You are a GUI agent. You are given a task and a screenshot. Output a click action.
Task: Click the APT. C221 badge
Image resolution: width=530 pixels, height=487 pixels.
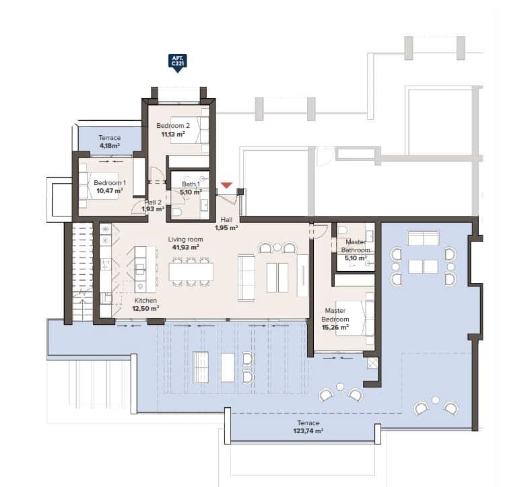(177, 63)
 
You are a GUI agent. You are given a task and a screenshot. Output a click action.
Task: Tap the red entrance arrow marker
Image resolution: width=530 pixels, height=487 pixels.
(227, 186)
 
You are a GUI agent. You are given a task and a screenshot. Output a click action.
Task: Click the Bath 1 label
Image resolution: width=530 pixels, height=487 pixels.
(191, 184)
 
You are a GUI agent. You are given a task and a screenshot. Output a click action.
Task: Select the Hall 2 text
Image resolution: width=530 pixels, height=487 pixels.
(153, 202)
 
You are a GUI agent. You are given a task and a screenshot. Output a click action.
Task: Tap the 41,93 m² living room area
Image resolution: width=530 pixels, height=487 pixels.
(185, 248)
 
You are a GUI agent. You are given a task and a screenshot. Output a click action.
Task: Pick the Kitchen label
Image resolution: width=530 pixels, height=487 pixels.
(145, 301)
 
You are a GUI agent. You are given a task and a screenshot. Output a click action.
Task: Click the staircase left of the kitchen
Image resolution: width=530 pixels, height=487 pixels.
(81, 272)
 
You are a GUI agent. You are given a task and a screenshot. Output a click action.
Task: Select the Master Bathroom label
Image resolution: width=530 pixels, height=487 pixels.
(356, 246)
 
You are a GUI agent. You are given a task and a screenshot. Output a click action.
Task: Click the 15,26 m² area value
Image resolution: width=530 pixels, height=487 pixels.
(335, 328)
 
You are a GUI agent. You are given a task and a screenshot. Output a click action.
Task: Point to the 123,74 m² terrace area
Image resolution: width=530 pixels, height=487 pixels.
(308, 430)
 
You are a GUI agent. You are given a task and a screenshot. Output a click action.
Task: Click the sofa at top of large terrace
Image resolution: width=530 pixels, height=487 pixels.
(423, 238)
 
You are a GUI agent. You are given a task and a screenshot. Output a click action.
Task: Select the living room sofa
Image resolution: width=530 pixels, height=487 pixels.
(247, 277)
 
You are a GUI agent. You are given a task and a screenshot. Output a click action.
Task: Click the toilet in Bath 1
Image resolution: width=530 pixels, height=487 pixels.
(177, 213)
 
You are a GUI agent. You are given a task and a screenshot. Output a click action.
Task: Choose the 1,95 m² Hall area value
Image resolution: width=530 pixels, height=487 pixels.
(226, 228)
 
